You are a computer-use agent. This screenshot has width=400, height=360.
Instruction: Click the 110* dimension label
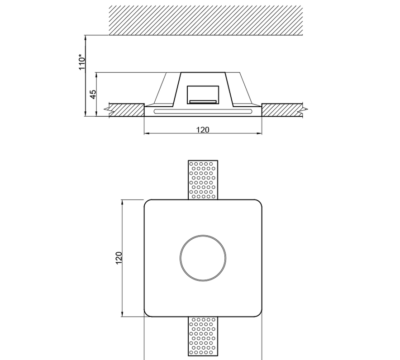82,62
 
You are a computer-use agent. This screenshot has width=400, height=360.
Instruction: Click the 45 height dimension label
93,94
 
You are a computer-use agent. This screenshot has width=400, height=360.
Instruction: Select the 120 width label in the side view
203,130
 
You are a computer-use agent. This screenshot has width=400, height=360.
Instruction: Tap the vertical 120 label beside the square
119,258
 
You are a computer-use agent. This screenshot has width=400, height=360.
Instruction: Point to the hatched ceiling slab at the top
206,20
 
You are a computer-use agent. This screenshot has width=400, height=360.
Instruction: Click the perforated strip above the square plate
203,180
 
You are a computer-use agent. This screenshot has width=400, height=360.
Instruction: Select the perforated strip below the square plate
203,336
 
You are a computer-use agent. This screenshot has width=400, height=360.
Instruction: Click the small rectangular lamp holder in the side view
203,95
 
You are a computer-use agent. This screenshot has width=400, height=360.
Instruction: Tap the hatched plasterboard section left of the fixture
125,110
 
